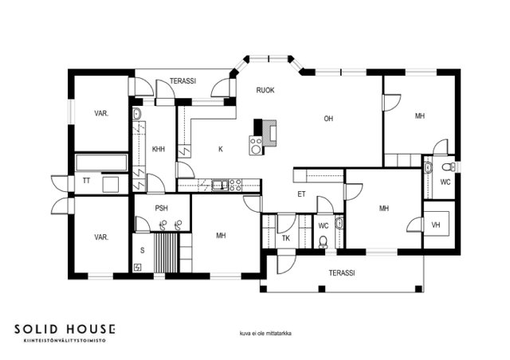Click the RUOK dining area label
[x=265, y=90]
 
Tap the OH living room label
[x=328, y=119]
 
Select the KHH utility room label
[x=159, y=149]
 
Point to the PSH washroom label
[x=161, y=208]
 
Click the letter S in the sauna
[x=142, y=250]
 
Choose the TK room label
[x=286, y=238]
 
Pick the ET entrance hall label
[x=301, y=194]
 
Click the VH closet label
[x=436, y=225]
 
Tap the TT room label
[x=86, y=181]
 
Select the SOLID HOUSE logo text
[x=65, y=329]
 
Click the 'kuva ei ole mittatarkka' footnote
[x=265, y=334]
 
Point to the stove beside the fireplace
[x=256, y=145]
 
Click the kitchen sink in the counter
[x=220, y=185]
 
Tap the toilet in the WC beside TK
[x=323, y=241]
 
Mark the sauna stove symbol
[x=138, y=267]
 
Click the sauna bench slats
[x=166, y=252]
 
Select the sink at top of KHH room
[x=137, y=114]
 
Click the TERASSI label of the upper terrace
[x=182, y=81]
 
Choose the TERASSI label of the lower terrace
[x=342, y=273]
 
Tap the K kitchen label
[x=221, y=149]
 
